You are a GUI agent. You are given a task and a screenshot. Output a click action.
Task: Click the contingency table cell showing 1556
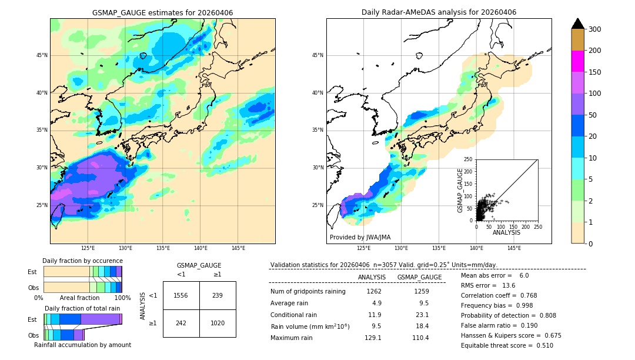[x=181, y=295]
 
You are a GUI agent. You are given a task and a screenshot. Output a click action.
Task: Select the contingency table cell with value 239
[x=218, y=295]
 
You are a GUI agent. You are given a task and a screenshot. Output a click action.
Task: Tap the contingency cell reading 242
[x=181, y=323]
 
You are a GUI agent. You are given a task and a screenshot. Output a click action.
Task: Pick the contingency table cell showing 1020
[x=218, y=323]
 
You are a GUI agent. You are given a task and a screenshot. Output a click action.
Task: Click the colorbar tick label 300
[x=596, y=29]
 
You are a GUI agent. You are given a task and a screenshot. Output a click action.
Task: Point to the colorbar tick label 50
[x=593, y=115]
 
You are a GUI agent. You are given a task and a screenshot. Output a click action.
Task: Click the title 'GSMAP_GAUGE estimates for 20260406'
[x=162, y=12]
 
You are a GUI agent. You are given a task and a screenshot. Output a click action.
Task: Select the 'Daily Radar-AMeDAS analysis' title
[x=439, y=12]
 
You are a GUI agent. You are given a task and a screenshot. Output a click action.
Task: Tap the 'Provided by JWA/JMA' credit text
[x=360, y=238]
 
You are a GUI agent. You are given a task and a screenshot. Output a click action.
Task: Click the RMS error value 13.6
[x=509, y=285]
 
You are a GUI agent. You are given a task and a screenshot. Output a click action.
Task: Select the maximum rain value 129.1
[x=373, y=338]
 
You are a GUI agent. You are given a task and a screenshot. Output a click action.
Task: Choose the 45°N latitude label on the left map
[x=42, y=55]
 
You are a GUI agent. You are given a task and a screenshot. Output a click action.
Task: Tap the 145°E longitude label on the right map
[x=514, y=248]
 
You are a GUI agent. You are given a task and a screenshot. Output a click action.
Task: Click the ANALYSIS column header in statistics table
[x=372, y=277]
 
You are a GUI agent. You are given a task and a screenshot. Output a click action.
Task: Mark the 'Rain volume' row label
[x=310, y=326]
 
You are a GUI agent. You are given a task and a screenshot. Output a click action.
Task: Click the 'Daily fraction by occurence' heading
[x=82, y=261]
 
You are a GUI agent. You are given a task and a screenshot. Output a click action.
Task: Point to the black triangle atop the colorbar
[x=578, y=24]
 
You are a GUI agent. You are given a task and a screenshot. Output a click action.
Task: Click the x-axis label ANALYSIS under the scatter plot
[x=506, y=232]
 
